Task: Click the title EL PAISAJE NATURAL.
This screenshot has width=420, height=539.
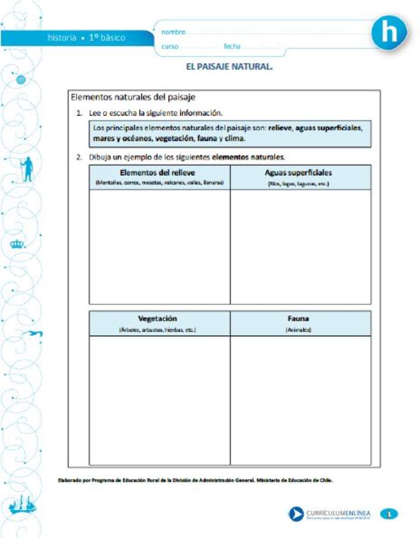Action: point(229,67)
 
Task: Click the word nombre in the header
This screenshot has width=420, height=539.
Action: point(173,32)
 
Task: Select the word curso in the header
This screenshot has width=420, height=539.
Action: point(170,46)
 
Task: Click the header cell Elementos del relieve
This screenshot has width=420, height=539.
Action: point(159,177)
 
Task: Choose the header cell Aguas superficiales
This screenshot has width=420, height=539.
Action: point(299,177)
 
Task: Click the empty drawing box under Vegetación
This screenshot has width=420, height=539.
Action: point(159,400)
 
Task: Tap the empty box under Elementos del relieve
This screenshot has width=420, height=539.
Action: point(159,246)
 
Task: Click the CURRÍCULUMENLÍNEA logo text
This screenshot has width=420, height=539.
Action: point(338,513)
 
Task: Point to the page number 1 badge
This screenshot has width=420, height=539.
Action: point(389,513)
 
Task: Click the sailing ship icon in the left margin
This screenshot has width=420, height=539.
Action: point(22,505)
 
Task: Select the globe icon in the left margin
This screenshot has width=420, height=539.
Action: point(22,79)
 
